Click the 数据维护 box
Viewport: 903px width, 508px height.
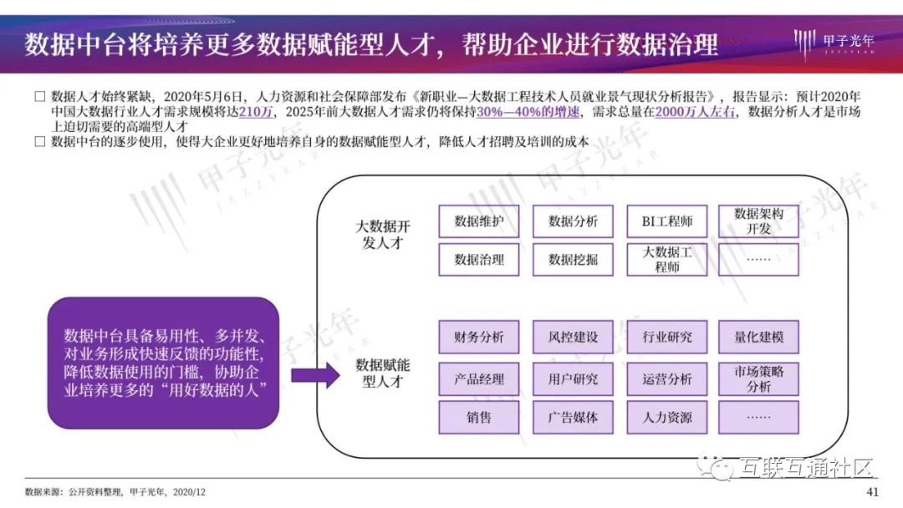pos(479,221)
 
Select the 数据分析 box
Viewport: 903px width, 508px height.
pos(573,221)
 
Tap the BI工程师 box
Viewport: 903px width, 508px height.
pos(667,221)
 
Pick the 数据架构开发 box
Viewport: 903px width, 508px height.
pos(758,221)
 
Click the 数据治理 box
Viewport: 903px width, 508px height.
pos(479,260)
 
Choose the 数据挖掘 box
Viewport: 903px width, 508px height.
pos(573,260)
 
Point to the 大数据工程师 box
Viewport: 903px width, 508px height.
pos(667,260)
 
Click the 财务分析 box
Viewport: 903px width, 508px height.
pos(479,338)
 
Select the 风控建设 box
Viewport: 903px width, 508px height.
pos(573,338)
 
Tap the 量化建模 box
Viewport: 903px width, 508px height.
pos(758,338)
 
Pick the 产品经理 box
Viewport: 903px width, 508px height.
pos(479,378)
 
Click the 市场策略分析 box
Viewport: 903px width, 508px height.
pos(758,378)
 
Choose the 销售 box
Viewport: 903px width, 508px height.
pos(479,418)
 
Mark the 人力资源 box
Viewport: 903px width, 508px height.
pos(667,418)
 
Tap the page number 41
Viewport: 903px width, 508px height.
pos(874,491)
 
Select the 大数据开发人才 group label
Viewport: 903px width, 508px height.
pos(385,235)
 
